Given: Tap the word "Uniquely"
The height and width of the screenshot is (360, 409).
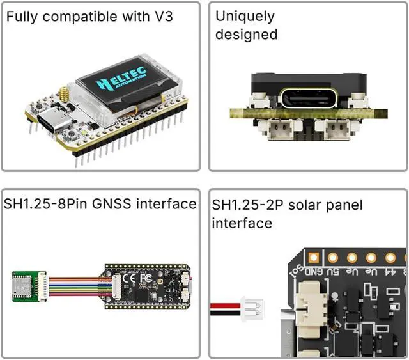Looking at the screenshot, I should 245,17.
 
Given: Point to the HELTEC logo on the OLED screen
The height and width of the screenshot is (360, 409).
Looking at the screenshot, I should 121,79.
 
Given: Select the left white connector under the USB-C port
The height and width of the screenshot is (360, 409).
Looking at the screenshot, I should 279,130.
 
